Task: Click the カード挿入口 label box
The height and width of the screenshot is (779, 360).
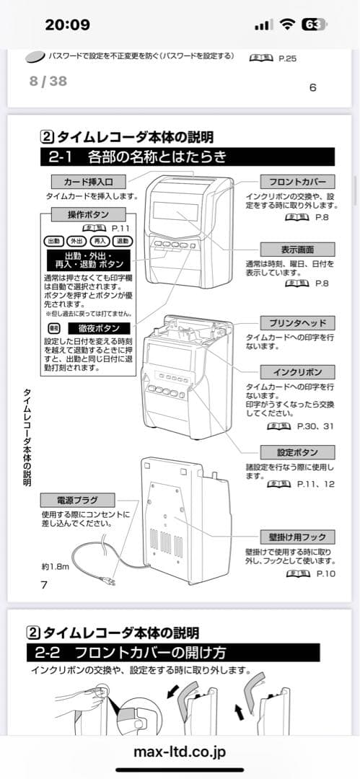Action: pyautogui.click(x=88, y=181)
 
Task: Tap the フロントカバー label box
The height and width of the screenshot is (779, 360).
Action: pyautogui.click(x=297, y=182)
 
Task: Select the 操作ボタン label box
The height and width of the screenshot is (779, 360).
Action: pyautogui.click(x=87, y=214)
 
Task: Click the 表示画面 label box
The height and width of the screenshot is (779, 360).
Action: pyautogui.click(x=297, y=249)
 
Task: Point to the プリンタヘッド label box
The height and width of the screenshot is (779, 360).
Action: pyautogui.click(x=297, y=322)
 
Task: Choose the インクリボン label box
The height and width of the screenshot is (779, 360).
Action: pyautogui.click(x=297, y=372)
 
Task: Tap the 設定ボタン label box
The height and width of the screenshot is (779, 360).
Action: pyautogui.click(x=297, y=452)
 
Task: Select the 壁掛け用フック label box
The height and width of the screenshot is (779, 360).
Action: pyautogui.click(x=297, y=537)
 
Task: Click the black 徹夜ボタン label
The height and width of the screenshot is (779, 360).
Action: pyautogui.click(x=98, y=328)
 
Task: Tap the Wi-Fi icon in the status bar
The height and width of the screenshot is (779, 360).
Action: pyautogui.click(x=288, y=24)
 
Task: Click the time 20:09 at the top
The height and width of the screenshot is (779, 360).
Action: pyautogui.click(x=67, y=25)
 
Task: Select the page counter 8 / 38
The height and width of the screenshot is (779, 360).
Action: pyautogui.click(x=48, y=81)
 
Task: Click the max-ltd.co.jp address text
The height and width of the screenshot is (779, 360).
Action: pyautogui.click(x=180, y=752)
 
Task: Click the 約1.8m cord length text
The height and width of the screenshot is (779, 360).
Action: pyautogui.click(x=55, y=566)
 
